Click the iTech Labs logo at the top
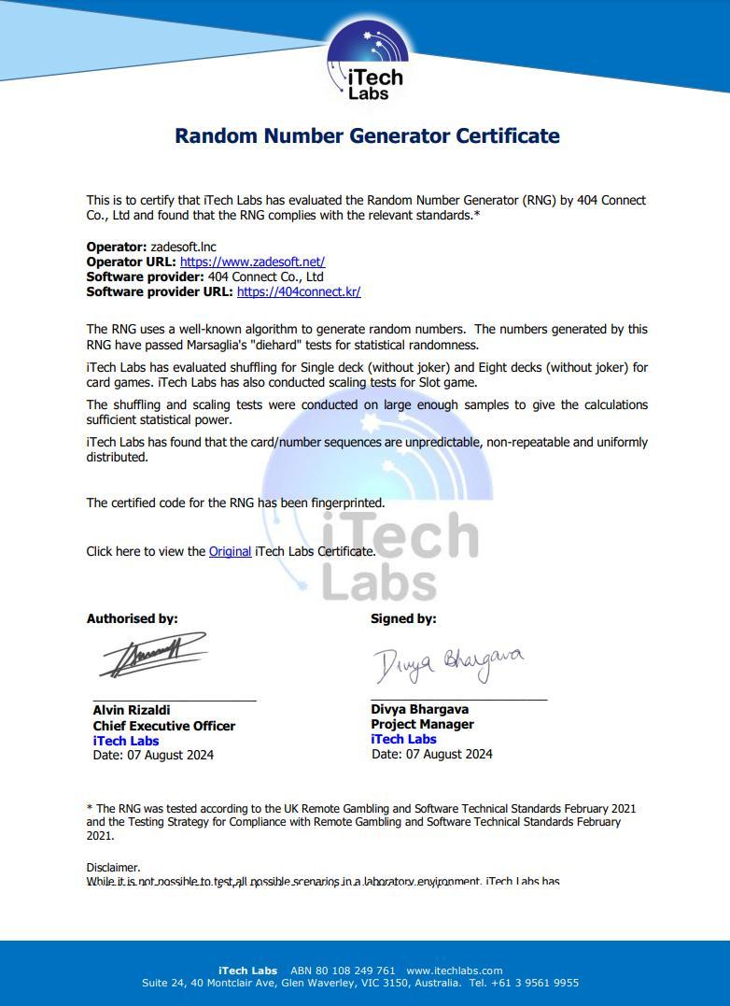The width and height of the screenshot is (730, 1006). click(368, 63)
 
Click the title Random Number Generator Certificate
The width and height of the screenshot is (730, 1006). click(367, 135)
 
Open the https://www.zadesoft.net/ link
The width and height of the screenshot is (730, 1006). click(252, 262)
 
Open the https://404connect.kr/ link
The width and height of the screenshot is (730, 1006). click(299, 292)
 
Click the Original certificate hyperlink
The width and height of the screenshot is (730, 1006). click(230, 552)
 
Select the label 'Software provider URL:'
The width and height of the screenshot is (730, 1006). click(160, 292)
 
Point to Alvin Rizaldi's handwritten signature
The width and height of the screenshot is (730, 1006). click(153, 654)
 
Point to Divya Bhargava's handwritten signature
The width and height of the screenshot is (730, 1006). click(448, 662)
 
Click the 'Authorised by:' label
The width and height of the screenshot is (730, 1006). click(132, 618)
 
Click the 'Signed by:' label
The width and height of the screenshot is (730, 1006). click(403, 618)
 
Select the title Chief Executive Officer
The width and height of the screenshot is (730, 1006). click(163, 726)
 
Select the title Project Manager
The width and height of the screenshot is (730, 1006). click(422, 724)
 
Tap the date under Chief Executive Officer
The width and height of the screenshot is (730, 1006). click(153, 755)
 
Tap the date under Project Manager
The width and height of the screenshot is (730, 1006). click(431, 754)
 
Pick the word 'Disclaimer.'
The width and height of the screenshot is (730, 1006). click(113, 868)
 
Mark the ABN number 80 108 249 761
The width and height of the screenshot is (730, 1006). click(355, 971)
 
